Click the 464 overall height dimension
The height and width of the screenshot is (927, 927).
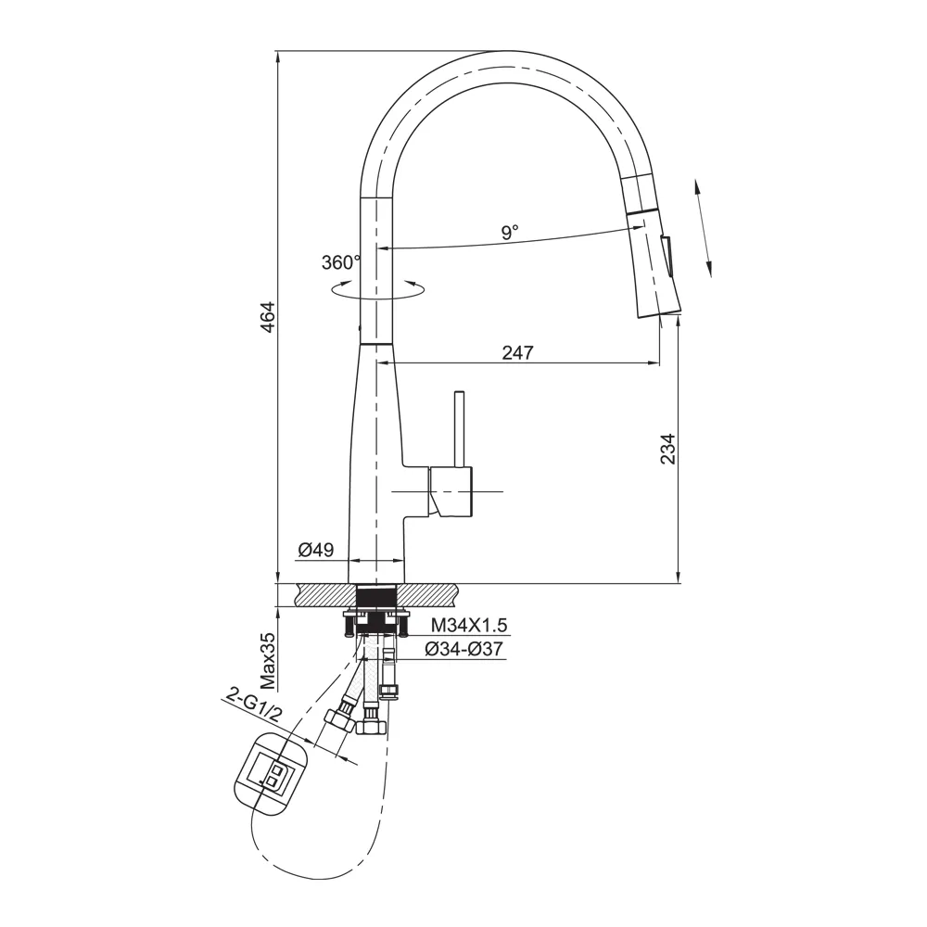267,319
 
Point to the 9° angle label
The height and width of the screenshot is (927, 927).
510,232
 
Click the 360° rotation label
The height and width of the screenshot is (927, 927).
340,262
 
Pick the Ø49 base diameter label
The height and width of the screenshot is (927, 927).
315,551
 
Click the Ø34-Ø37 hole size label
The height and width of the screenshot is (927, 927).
463,650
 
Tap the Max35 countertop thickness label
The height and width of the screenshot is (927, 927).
267,662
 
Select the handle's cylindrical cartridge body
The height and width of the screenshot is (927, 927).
451,491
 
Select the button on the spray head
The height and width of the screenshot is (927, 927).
667,254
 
